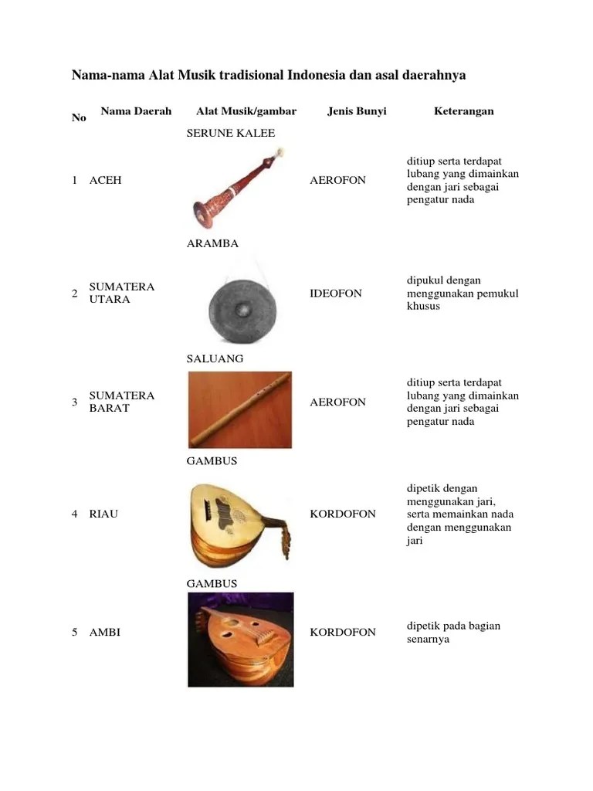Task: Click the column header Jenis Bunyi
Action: pyautogui.click(x=356, y=111)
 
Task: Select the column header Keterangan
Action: pyautogui.click(x=463, y=111)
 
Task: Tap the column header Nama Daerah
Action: pyautogui.click(x=136, y=111)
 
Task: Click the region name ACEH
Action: pyautogui.click(x=105, y=180)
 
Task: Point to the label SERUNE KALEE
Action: pyautogui.click(x=231, y=133)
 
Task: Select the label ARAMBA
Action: pyautogui.click(x=212, y=243)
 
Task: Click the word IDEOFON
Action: pyautogui.click(x=335, y=294)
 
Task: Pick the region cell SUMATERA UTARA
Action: pyautogui.click(x=122, y=293)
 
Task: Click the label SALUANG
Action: pyautogui.click(x=215, y=358)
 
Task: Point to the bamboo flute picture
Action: pyautogui.click(x=239, y=409)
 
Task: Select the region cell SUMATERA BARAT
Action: pyautogui.click(x=122, y=402)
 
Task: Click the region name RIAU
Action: pyautogui.click(x=103, y=514)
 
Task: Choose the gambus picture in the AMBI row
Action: pyautogui.click(x=240, y=640)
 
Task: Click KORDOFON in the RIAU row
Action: pyautogui.click(x=342, y=514)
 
